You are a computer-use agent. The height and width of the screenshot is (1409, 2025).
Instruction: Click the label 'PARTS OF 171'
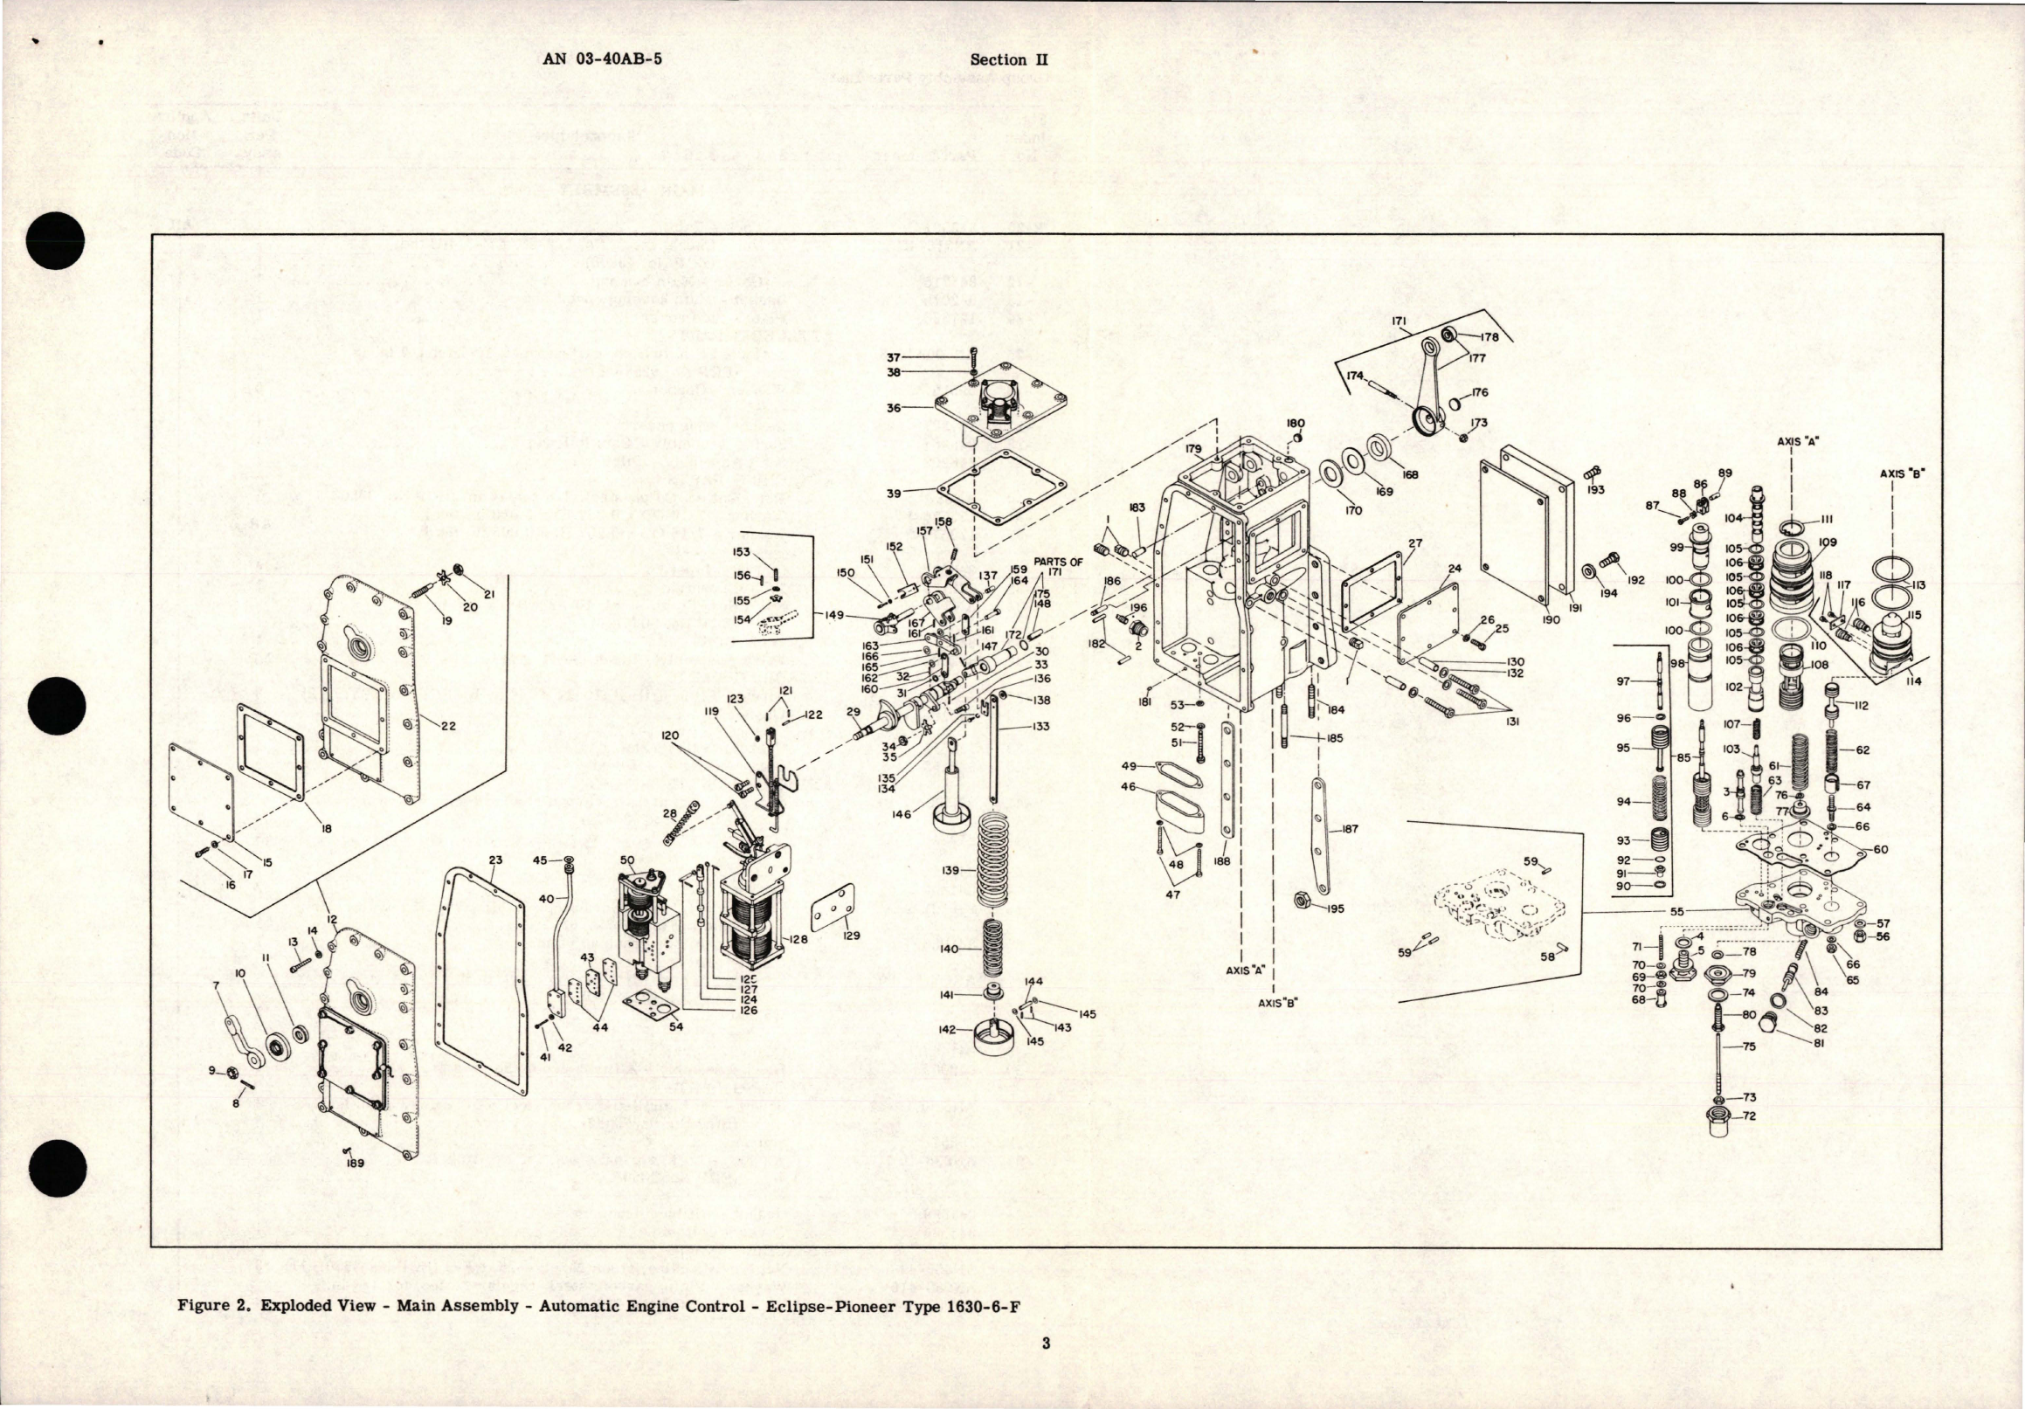(1065, 567)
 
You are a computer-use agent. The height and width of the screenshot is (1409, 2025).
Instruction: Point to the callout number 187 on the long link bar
(1350, 829)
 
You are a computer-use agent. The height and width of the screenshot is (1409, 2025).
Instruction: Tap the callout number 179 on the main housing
(1193, 449)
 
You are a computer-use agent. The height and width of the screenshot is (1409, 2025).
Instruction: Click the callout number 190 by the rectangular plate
(1552, 620)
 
